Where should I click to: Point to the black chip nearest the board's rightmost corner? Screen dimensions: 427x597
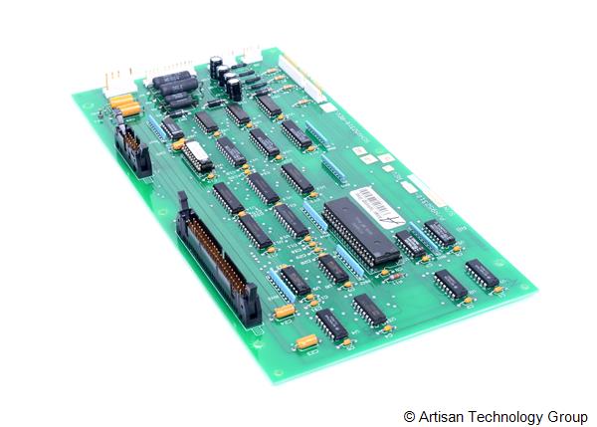tap(482, 274)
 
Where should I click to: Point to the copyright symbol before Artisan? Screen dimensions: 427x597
tap(409, 415)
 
